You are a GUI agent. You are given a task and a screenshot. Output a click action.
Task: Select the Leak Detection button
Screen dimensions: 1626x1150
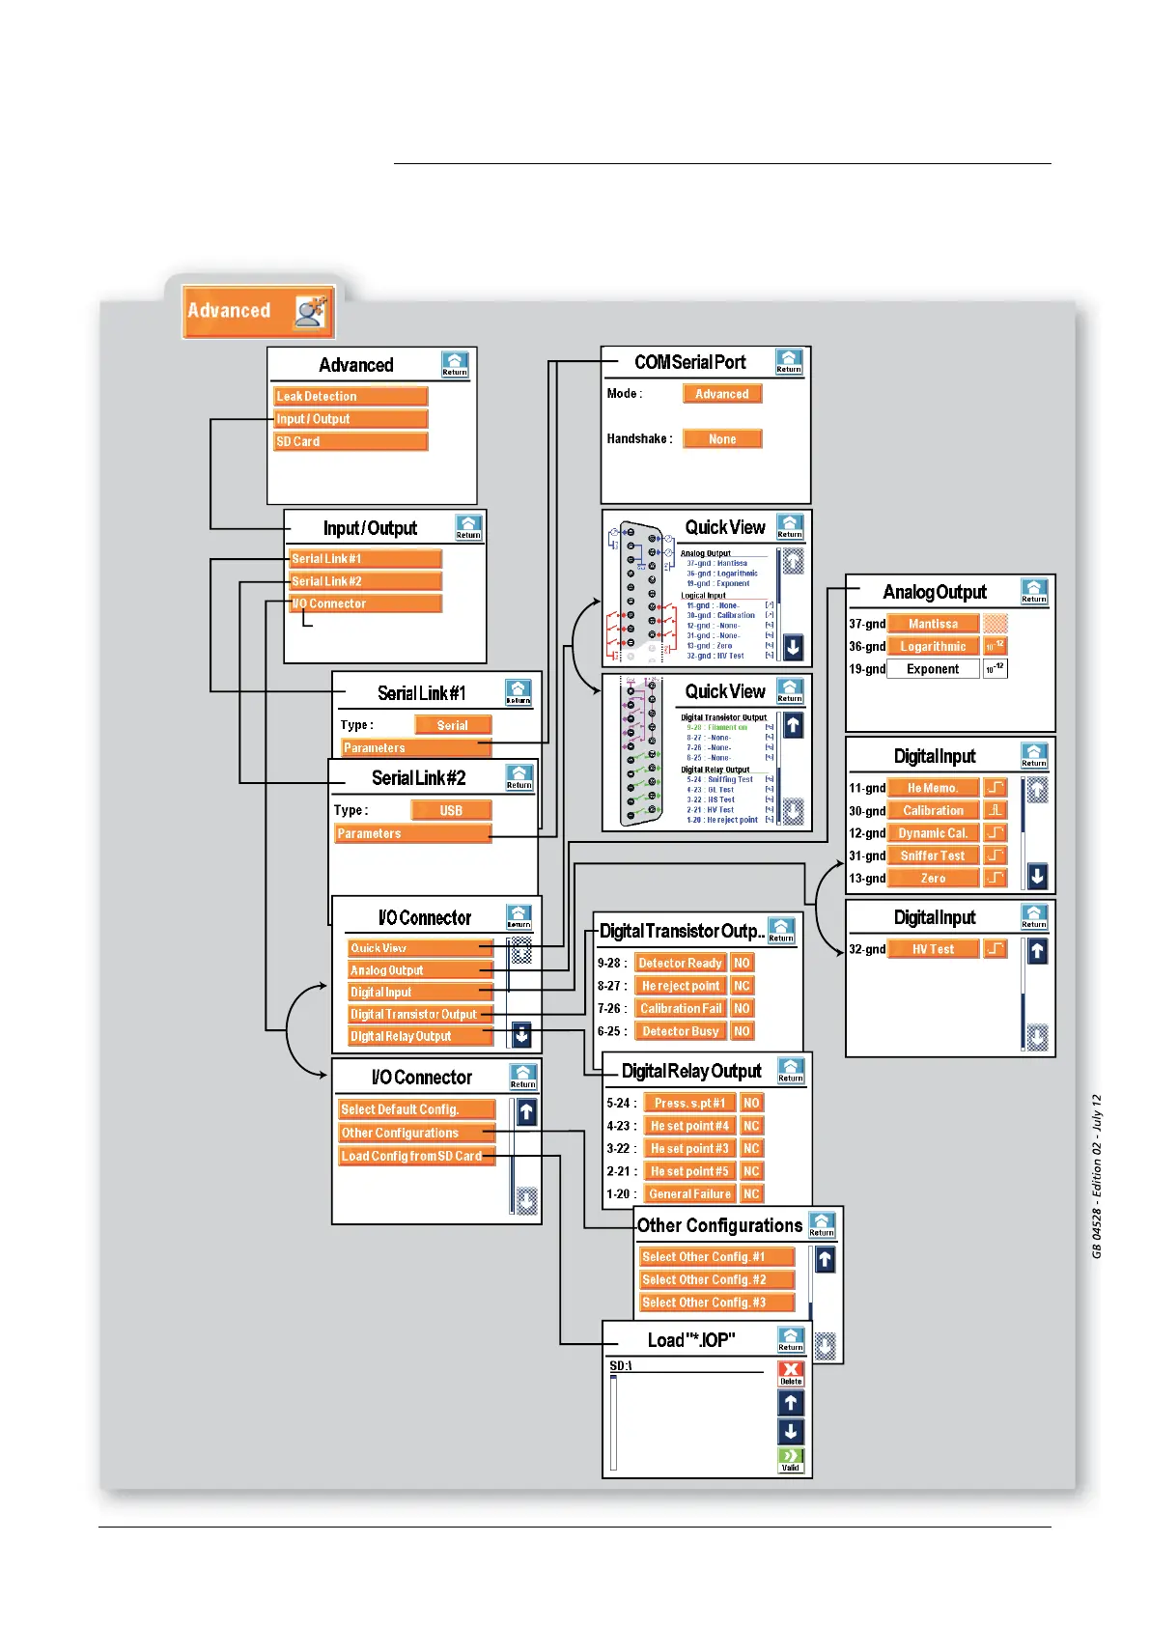[x=351, y=396]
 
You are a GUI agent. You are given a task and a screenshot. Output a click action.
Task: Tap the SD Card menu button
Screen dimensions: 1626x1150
[x=351, y=441]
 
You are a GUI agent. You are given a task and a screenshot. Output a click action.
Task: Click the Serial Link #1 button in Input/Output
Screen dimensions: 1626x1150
[x=365, y=558]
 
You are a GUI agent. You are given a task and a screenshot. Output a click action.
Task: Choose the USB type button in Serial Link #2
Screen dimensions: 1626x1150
[x=451, y=810]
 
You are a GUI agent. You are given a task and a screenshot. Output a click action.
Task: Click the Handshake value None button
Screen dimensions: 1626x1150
[x=722, y=439]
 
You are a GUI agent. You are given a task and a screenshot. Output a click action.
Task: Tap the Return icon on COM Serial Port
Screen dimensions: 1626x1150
[x=789, y=362]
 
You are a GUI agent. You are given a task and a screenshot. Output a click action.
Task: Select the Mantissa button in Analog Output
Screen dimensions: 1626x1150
[x=933, y=624]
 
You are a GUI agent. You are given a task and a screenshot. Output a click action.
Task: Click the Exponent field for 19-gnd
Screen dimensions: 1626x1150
[x=932, y=669]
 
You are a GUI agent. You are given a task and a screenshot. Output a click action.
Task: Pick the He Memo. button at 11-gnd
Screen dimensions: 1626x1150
[x=933, y=788]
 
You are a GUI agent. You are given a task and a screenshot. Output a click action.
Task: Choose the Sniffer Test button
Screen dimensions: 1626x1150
[x=933, y=855]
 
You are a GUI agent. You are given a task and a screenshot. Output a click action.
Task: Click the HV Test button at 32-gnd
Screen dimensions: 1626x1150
[x=933, y=949]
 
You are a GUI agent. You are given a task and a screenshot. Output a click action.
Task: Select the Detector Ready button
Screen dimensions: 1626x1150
[x=680, y=963]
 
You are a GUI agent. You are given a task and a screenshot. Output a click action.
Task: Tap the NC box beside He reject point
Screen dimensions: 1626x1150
[x=742, y=986]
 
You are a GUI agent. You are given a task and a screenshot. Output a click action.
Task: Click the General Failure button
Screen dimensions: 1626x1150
[x=689, y=1194]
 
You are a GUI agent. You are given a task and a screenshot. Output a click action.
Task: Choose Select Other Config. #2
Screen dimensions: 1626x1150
[x=716, y=1279]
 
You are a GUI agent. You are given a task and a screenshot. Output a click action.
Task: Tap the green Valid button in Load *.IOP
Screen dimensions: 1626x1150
[x=791, y=1459]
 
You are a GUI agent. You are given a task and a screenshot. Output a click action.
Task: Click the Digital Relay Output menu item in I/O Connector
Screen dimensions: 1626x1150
[x=420, y=1036]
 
